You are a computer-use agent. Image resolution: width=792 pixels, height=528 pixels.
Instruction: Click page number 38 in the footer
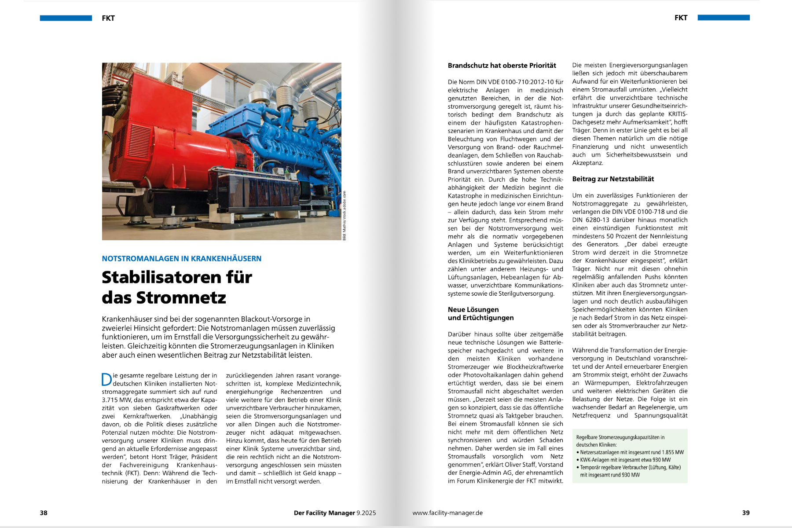44,513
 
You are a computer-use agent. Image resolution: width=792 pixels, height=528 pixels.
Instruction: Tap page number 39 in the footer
746,513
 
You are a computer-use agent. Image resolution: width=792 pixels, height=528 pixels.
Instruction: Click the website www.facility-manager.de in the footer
447,513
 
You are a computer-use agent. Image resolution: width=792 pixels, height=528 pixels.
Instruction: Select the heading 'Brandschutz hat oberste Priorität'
502,66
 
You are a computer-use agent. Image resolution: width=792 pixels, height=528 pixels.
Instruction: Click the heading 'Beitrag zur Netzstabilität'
613,179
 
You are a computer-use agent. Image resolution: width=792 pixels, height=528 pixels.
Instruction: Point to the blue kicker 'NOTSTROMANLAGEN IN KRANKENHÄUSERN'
181,259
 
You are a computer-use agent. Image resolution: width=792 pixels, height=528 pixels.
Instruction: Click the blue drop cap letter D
106,379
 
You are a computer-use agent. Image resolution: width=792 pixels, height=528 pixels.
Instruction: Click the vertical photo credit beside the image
345,215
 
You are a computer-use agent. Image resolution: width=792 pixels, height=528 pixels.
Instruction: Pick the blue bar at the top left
66,18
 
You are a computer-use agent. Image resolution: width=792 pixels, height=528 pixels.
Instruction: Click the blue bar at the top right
723,18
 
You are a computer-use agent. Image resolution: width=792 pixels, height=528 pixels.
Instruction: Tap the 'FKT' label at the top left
108,18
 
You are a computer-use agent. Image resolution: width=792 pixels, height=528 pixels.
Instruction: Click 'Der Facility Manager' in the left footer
324,513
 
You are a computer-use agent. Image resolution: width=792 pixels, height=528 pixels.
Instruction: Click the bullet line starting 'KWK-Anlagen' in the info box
625,460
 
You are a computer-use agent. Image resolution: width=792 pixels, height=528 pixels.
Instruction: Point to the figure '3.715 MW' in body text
116,400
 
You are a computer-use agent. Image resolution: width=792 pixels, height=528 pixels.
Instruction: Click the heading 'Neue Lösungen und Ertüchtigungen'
480,314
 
